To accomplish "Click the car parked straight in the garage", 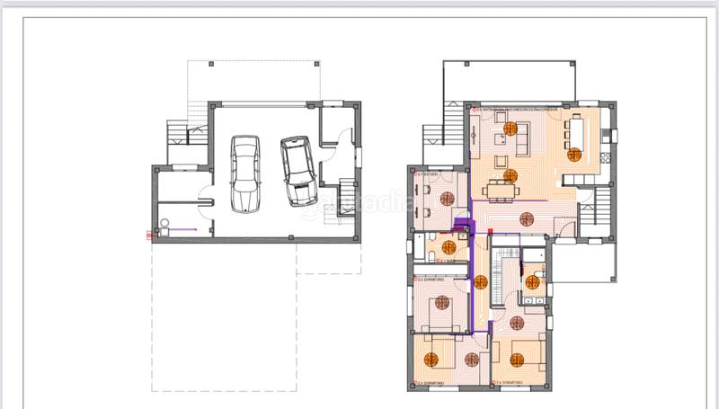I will (x=244, y=172).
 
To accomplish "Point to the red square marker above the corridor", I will (x=490, y=232).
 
